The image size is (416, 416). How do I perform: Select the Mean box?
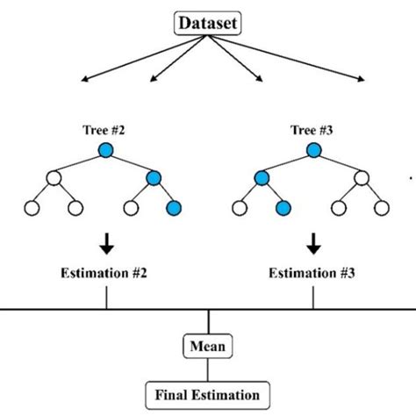(208, 347)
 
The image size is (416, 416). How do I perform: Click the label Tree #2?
(106, 131)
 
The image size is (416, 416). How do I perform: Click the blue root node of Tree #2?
(106, 150)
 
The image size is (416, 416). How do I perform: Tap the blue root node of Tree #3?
(313, 150)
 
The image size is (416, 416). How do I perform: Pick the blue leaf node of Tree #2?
(174, 208)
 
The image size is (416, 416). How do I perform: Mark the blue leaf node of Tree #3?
(283, 208)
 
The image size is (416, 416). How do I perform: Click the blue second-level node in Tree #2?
(154, 179)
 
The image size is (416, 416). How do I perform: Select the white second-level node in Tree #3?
(361, 179)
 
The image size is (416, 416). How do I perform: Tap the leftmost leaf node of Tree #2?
(33, 208)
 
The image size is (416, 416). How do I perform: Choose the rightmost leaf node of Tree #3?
(381, 208)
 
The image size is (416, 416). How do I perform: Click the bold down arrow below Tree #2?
(106, 240)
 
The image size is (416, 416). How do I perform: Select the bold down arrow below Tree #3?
(313, 240)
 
